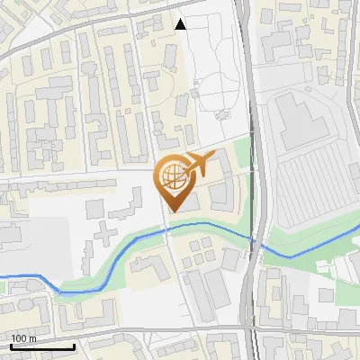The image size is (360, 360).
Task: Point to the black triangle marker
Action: [x=181, y=24]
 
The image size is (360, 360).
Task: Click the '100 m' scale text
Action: [x=24, y=338]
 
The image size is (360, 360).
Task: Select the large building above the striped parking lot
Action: [x=297, y=121]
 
